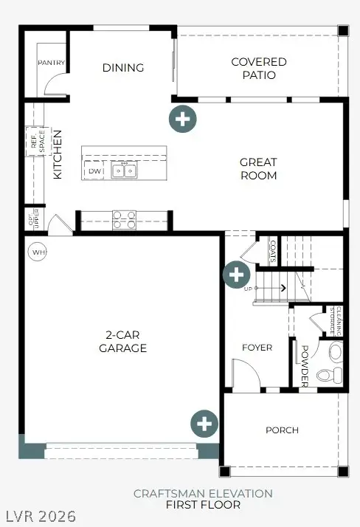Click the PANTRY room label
coord(52,63)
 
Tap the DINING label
coord(122,68)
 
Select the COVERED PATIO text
coord(258,69)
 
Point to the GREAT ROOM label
coord(258,168)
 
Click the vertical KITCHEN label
coord(58,155)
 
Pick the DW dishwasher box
coord(94,171)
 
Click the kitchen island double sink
coord(124,171)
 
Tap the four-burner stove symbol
coord(124,219)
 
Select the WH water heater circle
coord(38,252)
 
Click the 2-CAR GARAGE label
coord(122,342)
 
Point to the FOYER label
coord(257,348)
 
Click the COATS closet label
coord(272,251)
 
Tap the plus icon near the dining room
coord(182,118)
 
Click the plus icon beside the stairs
coord(235,275)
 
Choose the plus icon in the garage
coord(204,424)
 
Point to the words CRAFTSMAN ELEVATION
coord(203,493)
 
